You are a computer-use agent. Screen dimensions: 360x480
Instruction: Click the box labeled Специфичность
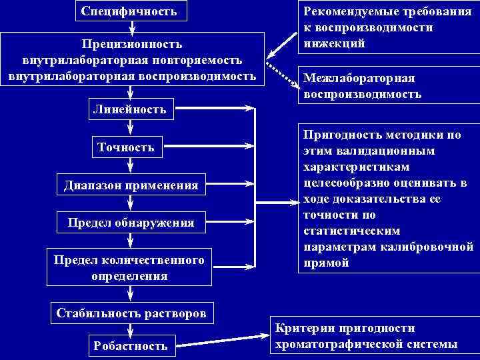click(x=129, y=11)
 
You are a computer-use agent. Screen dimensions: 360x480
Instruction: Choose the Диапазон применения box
click(x=131, y=185)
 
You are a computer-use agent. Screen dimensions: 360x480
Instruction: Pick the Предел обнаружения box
click(x=131, y=223)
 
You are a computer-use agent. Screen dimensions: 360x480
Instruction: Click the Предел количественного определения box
click(x=129, y=267)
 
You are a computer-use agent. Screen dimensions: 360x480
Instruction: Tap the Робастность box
click(x=131, y=345)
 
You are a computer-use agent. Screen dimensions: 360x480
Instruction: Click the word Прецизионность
click(x=131, y=44)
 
